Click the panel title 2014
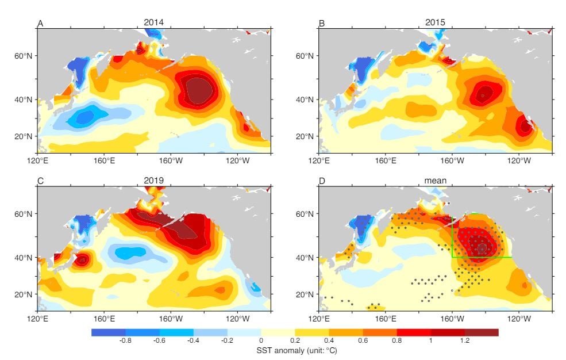(x=154, y=22)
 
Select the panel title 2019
(x=154, y=180)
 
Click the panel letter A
(x=40, y=23)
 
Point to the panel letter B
(x=322, y=23)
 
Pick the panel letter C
(x=40, y=181)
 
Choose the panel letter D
(x=322, y=181)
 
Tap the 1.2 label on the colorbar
(x=464, y=341)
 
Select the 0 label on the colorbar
(x=261, y=341)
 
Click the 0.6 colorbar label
(x=363, y=341)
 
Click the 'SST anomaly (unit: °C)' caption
(x=294, y=350)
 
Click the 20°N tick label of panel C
(x=24, y=294)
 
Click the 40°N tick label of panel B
(x=306, y=99)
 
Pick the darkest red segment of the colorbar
(x=481, y=332)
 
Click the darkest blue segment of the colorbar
(x=108, y=332)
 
